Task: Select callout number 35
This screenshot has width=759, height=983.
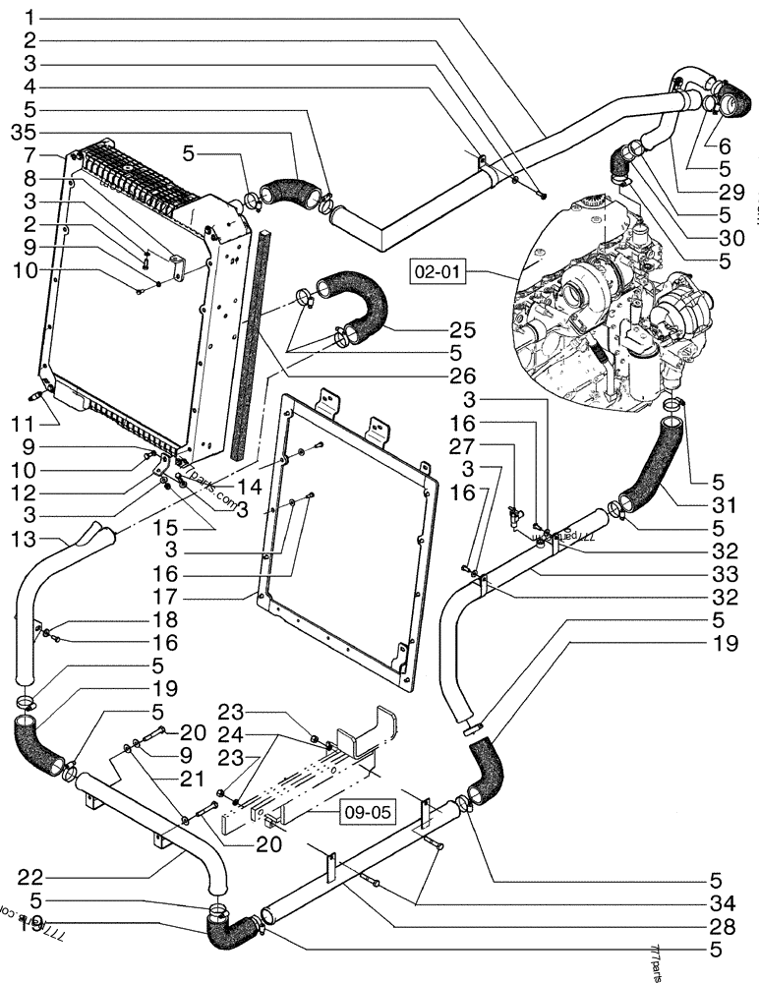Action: pyautogui.click(x=23, y=131)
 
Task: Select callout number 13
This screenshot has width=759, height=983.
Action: pyautogui.click(x=24, y=541)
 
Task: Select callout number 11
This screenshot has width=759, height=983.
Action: pyautogui.click(x=24, y=424)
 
